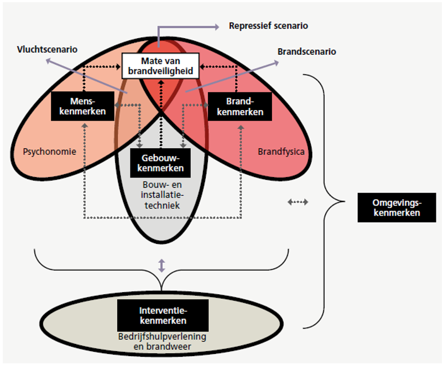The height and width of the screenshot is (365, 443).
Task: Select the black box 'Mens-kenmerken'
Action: coord(83,106)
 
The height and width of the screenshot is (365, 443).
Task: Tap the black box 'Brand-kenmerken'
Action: coord(240,106)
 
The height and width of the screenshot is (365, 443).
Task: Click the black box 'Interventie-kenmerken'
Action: coord(163,316)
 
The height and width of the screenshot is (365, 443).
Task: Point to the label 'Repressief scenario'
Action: coord(268,25)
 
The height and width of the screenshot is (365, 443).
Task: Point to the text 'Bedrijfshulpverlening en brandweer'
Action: coord(163,341)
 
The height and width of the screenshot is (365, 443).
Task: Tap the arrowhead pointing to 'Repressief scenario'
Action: coord(217,25)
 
